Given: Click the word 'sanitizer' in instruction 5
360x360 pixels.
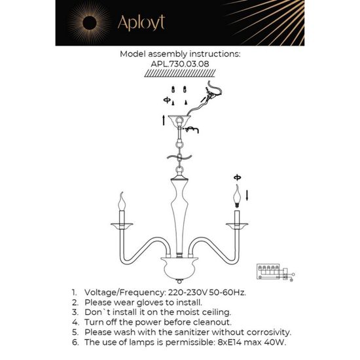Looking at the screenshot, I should (179, 333).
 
